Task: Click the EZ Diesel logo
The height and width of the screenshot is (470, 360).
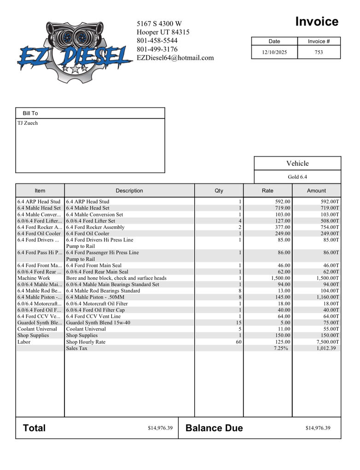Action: tap(74, 53)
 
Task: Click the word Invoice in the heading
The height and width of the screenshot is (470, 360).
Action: tap(316, 22)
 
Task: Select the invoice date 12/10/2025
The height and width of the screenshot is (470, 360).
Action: tap(274, 52)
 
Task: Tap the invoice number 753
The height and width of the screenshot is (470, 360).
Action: tap(319, 52)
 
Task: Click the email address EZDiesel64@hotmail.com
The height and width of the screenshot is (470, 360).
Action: tap(175, 58)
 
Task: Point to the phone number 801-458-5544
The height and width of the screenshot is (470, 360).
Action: tap(157, 41)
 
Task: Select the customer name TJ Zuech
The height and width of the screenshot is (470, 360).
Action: tap(28, 123)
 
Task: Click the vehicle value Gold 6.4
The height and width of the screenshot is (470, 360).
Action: tap(297, 177)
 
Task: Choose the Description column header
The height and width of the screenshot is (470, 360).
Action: tap(129, 191)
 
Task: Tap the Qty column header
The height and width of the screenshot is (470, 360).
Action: tap(219, 191)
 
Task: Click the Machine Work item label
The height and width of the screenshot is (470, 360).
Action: tap(34, 278)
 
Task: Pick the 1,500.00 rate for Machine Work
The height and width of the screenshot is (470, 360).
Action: tap(279, 278)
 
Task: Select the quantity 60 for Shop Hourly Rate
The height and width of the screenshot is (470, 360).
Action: tap(238, 342)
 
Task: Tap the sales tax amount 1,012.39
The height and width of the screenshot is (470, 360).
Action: tap(326, 348)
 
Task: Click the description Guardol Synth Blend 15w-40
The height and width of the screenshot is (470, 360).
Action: tap(98, 323)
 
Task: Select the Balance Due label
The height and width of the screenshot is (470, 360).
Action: tap(214, 428)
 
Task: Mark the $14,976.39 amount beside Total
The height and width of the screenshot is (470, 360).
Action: tap(160, 428)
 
